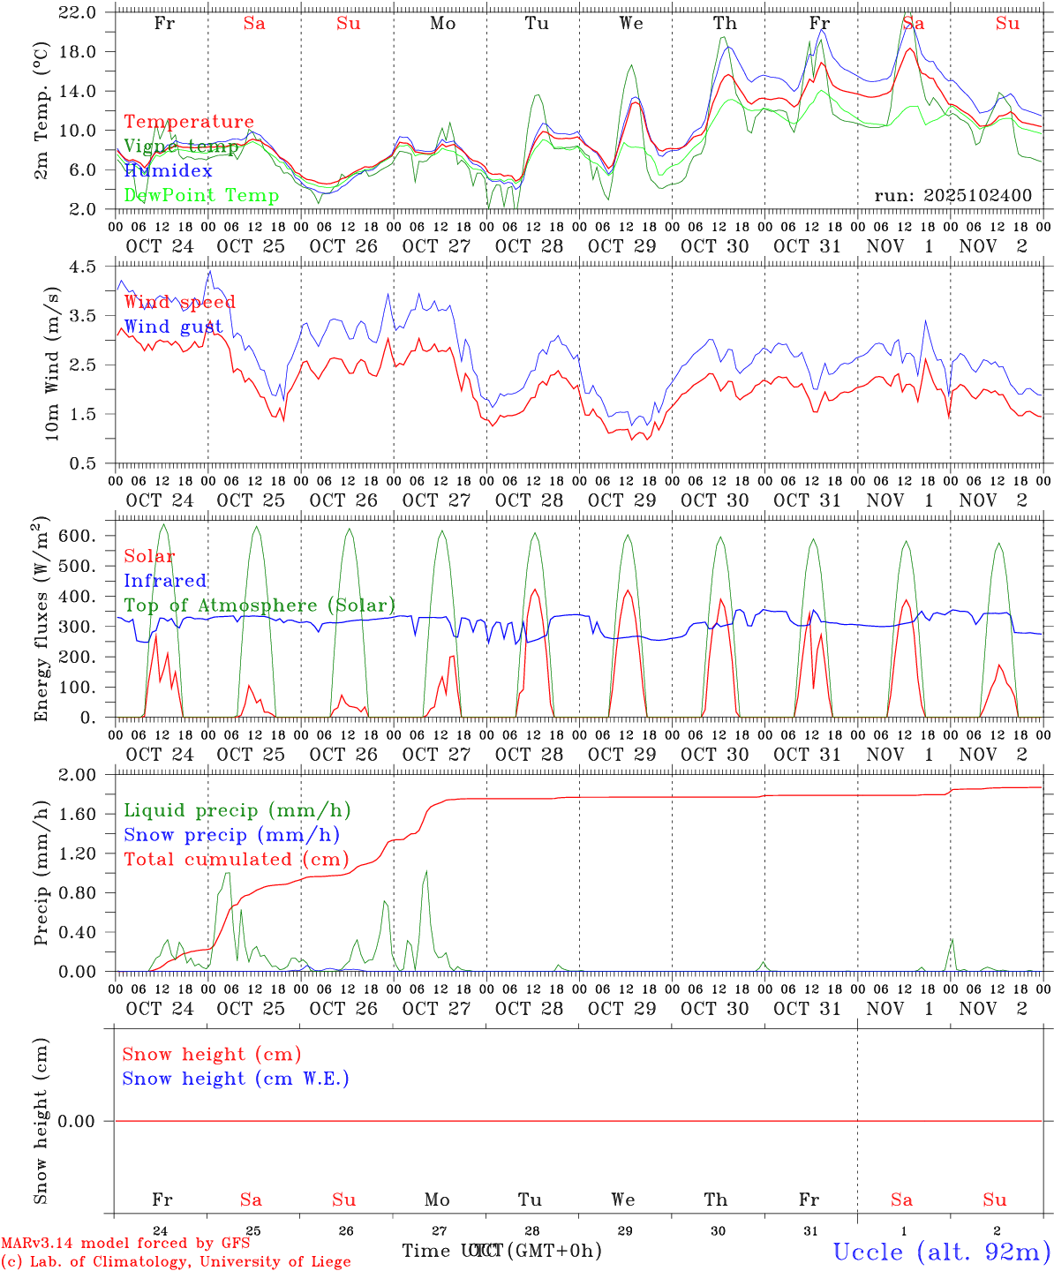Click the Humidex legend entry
pyautogui.click(x=168, y=171)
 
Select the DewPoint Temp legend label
pyautogui.click(x=201, y=196)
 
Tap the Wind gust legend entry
pyautogui.click(x=173, y=327)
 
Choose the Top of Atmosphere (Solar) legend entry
pyautogui.click(x=260, y=605)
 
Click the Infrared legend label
pyautogui.click(x=165, y=581)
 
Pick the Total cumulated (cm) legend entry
pyautogui.click(x=236, y=860)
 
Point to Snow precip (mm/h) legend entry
pyautogui.click(x=231, y=835)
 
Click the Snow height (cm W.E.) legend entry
pyautogui.click(x=236, y=1079)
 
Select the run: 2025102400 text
pyautogui.click(x=952, y=196)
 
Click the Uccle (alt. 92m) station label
pyautogui.click(x=942, y=1252)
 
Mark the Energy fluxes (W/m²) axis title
pyautogui.click(x=41, y=620)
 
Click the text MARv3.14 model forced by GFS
pyautogui.click(x=125, y=1244)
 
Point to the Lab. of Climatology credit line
pyautogui.click(x=176, y=1261)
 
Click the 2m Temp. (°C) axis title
pyautogui.click(x=41, y=111)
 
